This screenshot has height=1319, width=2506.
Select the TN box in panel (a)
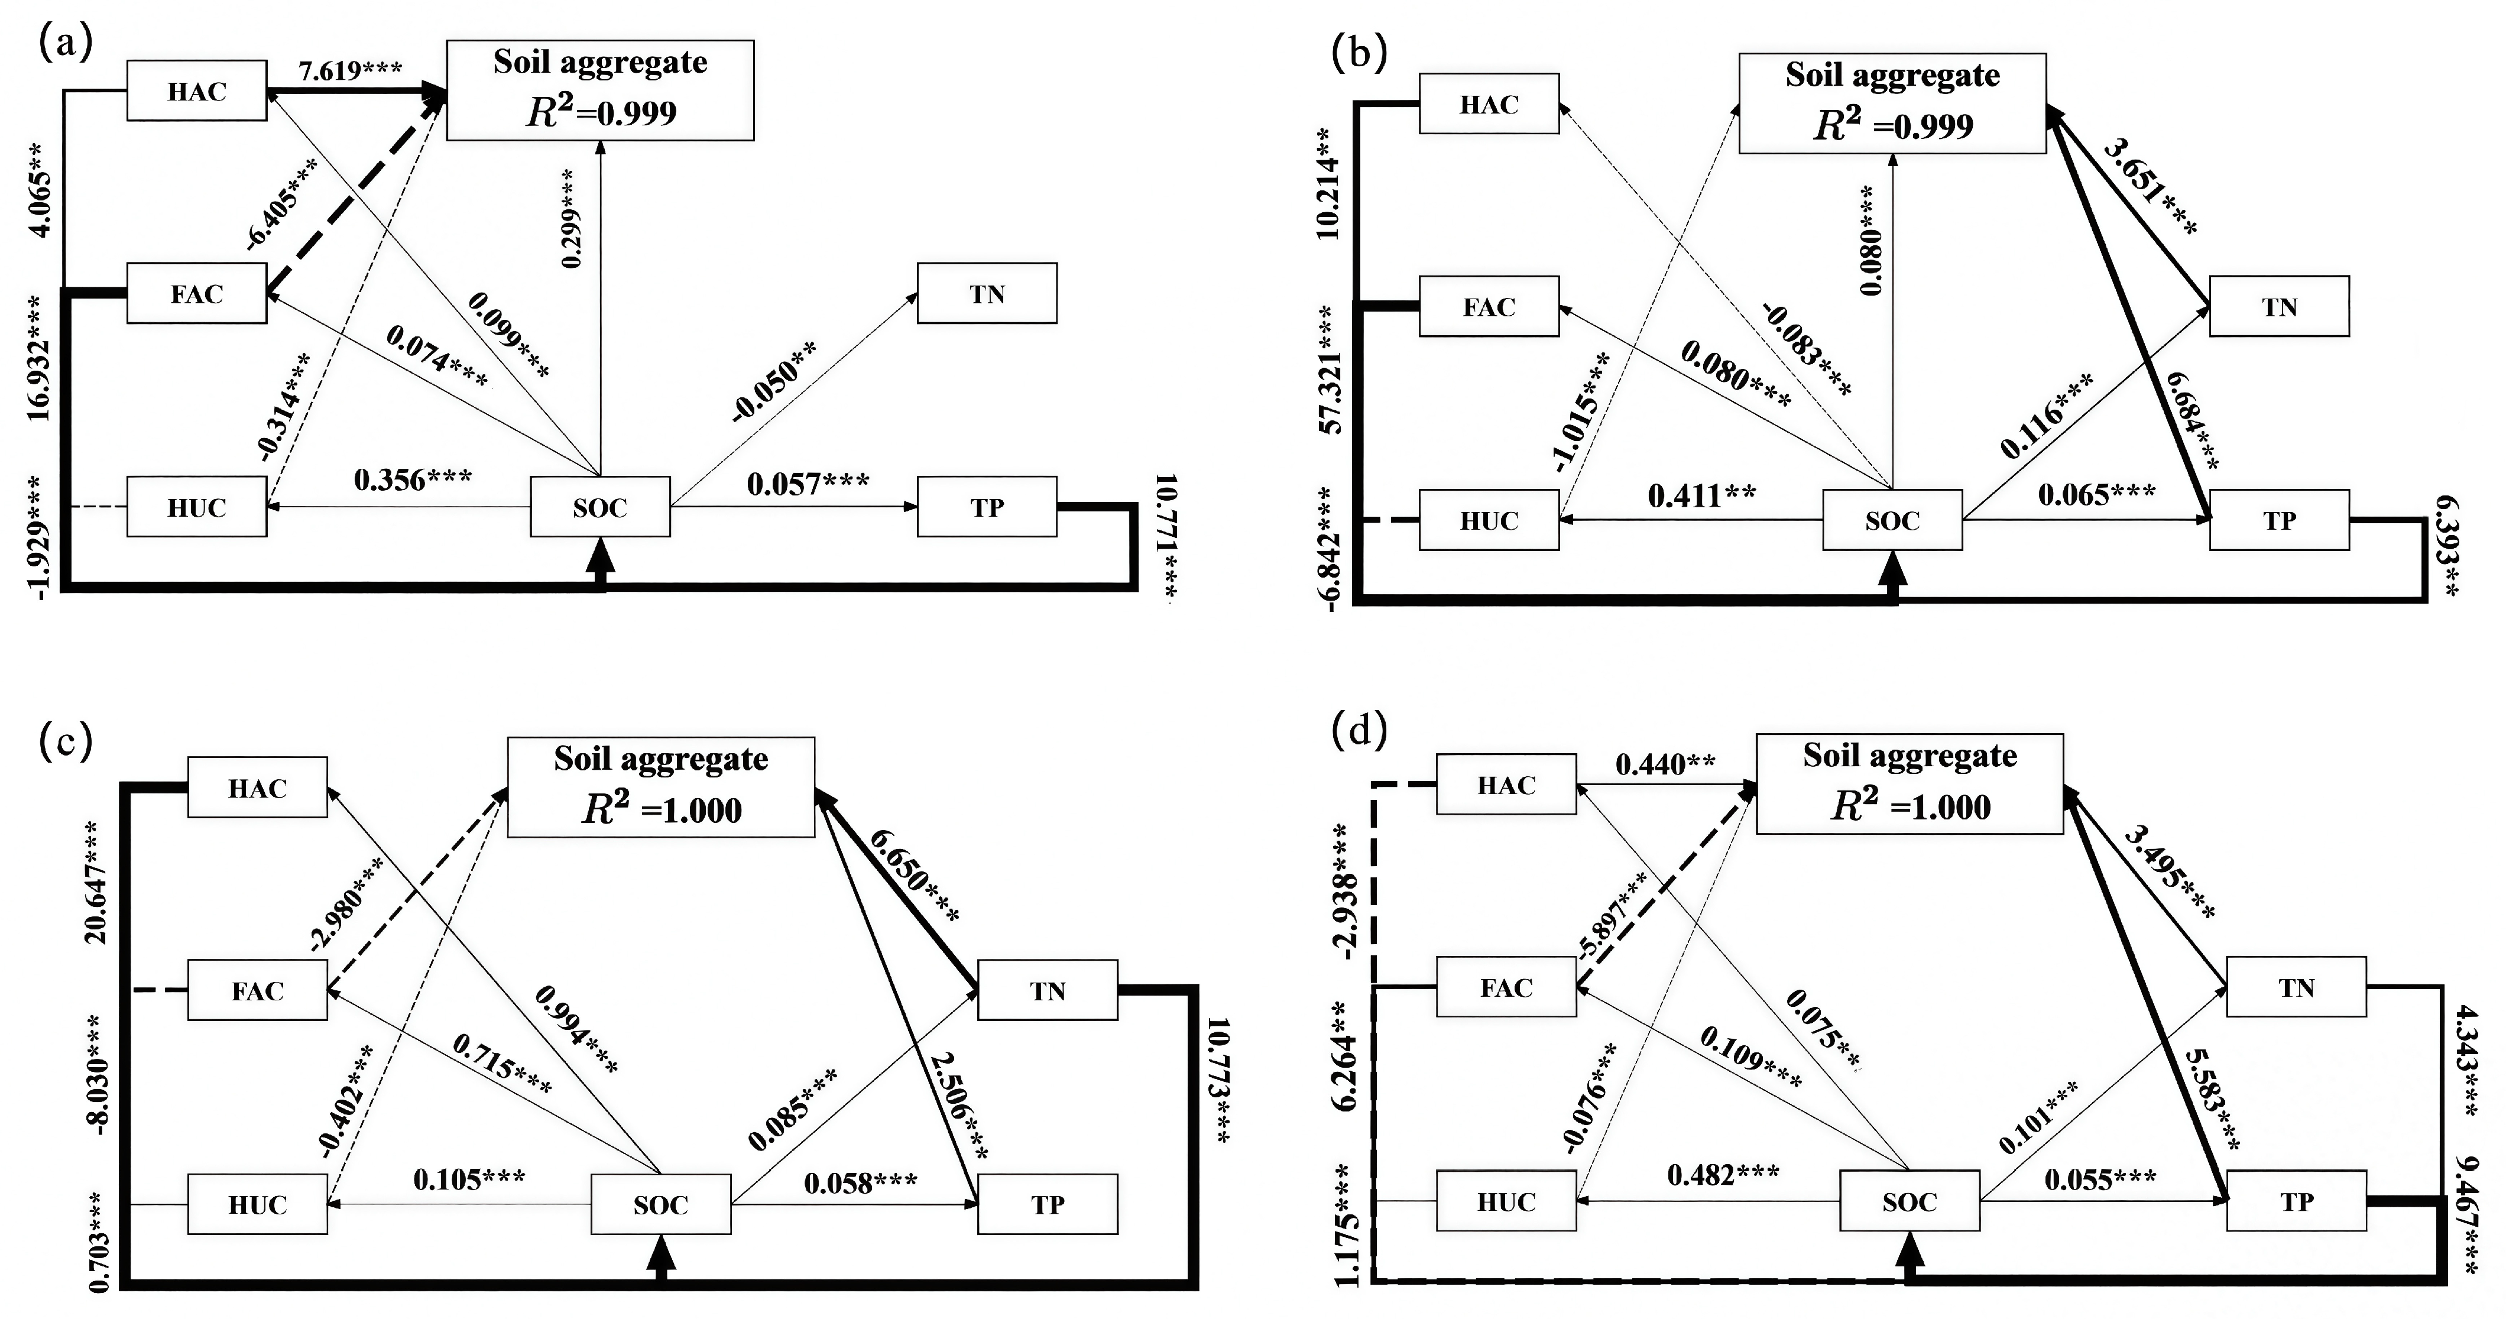click(987, 294)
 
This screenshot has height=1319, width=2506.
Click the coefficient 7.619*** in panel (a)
click(350, 71)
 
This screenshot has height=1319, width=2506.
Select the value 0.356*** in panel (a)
click(413, 479)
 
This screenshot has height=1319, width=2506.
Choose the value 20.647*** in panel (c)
click(98, 882)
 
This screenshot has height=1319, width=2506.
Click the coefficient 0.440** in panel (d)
click(1665, 764)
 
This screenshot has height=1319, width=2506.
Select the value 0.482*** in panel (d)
click(1723, 1175)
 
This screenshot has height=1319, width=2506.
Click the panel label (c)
click(65, 742)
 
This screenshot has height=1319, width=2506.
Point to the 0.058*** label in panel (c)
click(860, 1183)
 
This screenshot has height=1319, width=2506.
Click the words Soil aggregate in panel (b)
click(1892, 75)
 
